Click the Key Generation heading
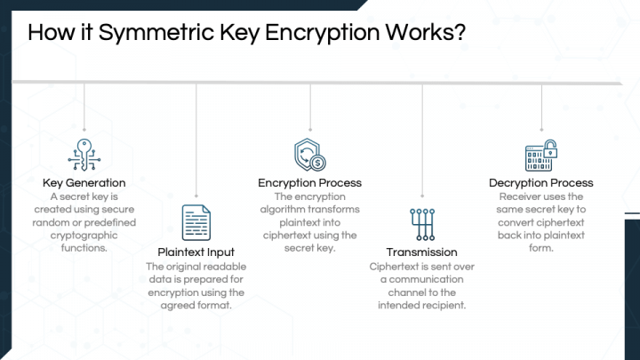click(x=84, y=183)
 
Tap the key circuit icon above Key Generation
click(x=84, y=154)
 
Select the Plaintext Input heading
click(x=195, y=252)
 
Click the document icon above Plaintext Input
click(x=196, y=222)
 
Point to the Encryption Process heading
click(x=309, y=183)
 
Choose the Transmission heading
click(x=421, y=252)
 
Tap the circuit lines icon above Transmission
click(x=421, y=223)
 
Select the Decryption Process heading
click(x=540, y=183)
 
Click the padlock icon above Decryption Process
click(x=540, y=155)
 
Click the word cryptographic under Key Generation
click(x=85, y=236)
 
